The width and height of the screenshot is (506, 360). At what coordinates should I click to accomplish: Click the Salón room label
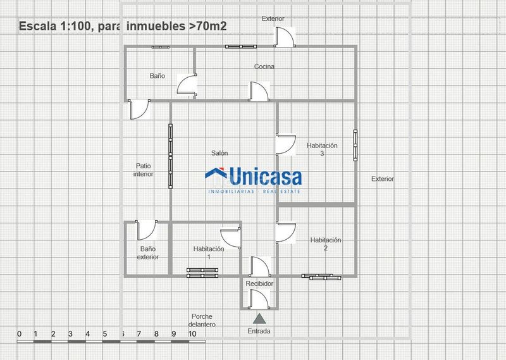coord(219,153)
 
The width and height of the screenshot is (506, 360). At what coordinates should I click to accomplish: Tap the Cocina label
coord(264,66)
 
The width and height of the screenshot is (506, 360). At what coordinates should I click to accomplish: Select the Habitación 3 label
coord(322,149)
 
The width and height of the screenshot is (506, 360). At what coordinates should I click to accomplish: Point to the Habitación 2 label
coord(326,244)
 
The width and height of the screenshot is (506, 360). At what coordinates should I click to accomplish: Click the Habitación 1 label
coord(209,253)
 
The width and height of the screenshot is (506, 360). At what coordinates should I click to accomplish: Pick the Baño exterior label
coord(148,253)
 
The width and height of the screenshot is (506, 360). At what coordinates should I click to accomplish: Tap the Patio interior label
coord(144,170)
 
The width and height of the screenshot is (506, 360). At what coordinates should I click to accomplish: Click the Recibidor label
coord(259,283)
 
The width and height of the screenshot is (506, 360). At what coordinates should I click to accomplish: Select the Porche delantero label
coord(202,320)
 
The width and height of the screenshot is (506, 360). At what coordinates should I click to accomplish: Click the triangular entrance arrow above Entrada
coord(259,319)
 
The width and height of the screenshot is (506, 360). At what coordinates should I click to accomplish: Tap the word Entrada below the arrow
coord(259,331)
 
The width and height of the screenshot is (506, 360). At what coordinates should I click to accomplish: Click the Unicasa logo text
coord(266,177)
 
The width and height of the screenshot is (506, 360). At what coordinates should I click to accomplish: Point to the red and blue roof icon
coord(216,173)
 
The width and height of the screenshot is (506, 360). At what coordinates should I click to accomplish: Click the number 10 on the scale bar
coord(192,334)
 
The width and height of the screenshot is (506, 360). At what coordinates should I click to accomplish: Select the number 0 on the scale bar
coord(20,334)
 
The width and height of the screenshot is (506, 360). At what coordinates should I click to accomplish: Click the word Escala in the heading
coord(37,26)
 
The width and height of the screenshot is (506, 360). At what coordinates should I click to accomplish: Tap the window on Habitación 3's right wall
coord(355,146)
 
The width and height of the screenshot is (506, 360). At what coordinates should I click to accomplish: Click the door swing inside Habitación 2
coord(286,232)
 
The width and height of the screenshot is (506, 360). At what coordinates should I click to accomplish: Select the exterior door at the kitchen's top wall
coord(284,37)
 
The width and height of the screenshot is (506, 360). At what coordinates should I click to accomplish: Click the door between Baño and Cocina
coord(187,85)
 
